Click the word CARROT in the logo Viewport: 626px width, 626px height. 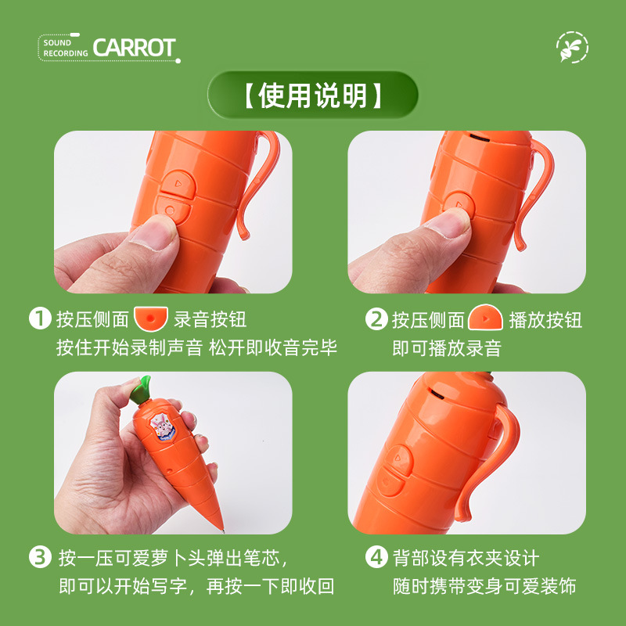(134, 48)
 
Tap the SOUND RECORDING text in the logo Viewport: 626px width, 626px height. (66, 48)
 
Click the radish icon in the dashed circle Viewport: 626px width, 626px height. (572, 47)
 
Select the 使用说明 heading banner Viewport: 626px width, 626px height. (312, 95)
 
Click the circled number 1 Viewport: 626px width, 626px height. (41, 318)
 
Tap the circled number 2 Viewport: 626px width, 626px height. (376, 318)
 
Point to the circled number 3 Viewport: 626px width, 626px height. (41, 557)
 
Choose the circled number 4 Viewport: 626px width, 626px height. (376, 557)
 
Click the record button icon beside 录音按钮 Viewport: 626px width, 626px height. (150, 318)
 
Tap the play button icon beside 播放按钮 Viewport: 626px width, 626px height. (485, 318)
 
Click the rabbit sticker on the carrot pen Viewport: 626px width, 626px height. (163, 426)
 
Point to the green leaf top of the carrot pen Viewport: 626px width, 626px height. (142, 389)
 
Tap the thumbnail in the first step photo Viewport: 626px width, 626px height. (153, 232)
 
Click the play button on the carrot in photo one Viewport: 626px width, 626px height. (178, 184)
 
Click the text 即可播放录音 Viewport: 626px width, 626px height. (447, 347)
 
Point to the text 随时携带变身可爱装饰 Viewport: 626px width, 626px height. (484, 586)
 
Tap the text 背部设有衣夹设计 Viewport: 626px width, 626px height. (466, 557)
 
